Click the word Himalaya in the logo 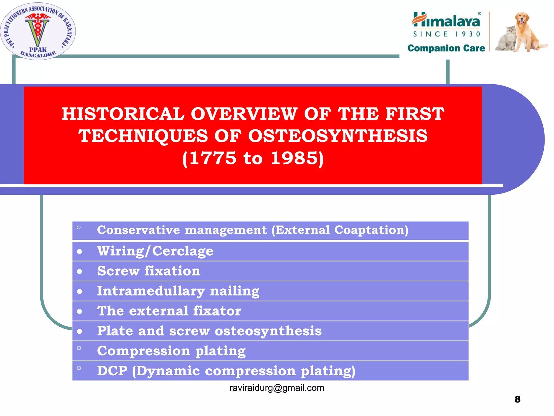[x=446, y=20]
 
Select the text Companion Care [x=446, y=48]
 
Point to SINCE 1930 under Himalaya [x=446, y=34]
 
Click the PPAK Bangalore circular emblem [x=38, y=31]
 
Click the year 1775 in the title [x=213, y=158]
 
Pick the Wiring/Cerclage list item [x=155, y=251]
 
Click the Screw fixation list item [x=149, y=271]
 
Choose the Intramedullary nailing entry [x=178, y=291]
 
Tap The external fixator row [x=169, y=311]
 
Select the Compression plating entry [x=171, y=351]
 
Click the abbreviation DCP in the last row [x=112, y=371]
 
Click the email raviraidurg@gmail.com [x=276, y=388]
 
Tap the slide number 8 [x=517, y=399]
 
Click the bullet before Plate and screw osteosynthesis [x=79, y=331]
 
